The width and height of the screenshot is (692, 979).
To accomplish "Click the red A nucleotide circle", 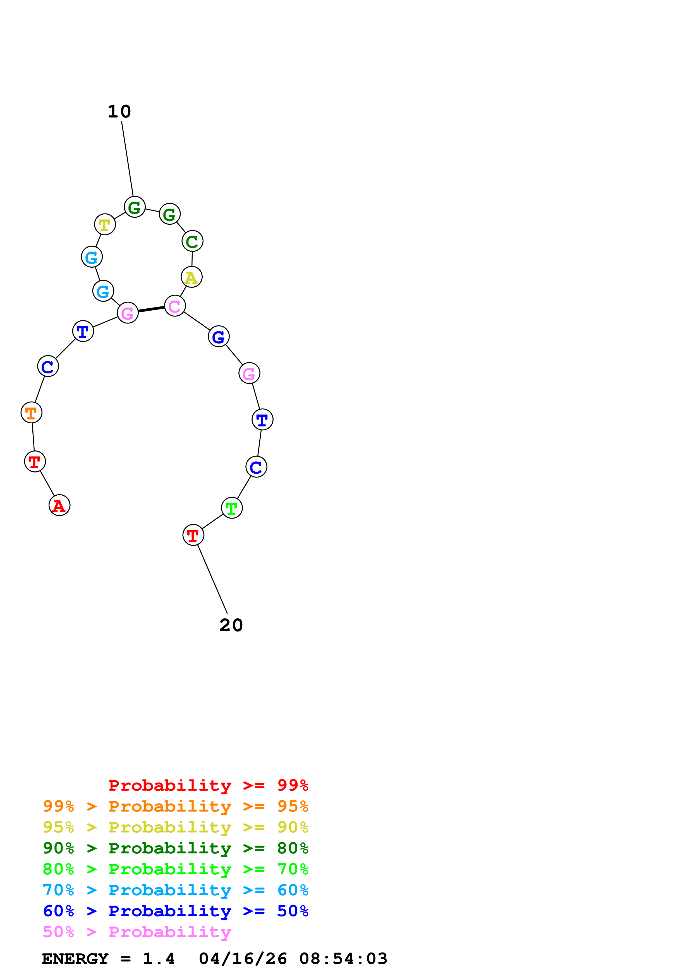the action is click(59, 505).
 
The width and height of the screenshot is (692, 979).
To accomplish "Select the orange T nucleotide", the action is click(32, 413).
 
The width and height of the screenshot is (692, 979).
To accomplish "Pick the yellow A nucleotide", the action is click(191, 277).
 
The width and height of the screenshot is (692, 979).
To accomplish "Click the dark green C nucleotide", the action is click(192, 241).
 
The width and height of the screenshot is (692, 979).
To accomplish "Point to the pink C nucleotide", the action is click(175, 306).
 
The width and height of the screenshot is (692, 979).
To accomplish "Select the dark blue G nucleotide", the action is click(219, 337).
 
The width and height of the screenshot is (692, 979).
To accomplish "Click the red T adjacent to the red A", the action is click(35, 461).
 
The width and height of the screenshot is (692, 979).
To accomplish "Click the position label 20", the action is click(231, 625).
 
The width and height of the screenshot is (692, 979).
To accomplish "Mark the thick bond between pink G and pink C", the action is click(151, 309).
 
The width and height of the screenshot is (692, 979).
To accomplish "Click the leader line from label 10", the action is click(128, 159).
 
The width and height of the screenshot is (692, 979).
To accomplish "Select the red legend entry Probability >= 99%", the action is click(208, 785).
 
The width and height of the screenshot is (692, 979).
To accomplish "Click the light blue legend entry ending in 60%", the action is click(175, 890).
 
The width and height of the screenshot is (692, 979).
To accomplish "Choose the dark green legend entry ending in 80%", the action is click(175, 848).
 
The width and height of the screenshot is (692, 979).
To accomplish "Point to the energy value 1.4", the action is click(159, 959).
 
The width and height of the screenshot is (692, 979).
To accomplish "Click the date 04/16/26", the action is click(243, 959).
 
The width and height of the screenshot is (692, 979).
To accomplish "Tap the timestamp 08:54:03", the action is click(343, 959).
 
